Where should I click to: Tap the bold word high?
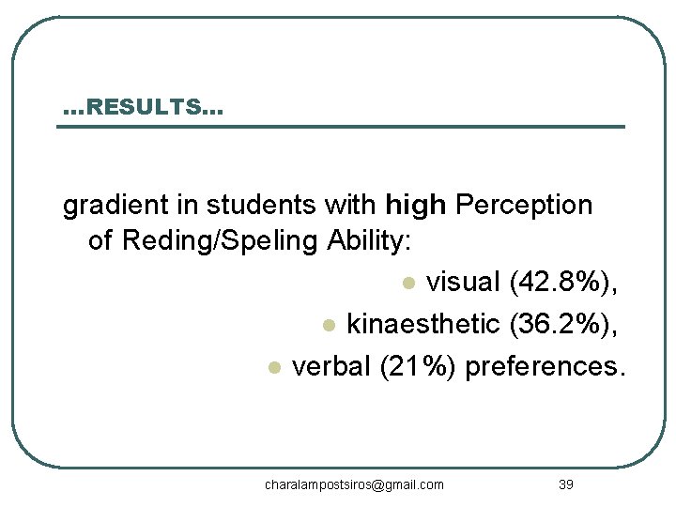(416, 205)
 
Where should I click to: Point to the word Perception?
(524, 205)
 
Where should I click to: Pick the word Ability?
(369, 241)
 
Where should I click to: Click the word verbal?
(332, 365)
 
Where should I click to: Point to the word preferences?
(544, 365)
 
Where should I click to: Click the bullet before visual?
(407, 284)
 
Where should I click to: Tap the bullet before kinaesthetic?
(328, 326)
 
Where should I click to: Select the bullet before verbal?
(273, 367)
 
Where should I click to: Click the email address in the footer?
(354, 484)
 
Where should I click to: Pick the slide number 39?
(565, 484)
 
